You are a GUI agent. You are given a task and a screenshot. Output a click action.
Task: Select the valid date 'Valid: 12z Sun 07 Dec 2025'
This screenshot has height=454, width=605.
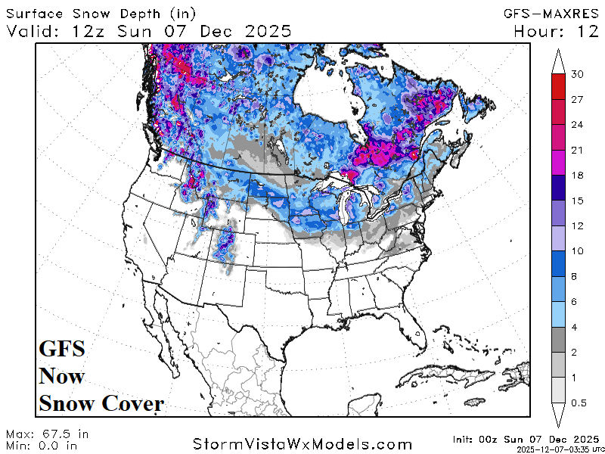(x=149, y=31)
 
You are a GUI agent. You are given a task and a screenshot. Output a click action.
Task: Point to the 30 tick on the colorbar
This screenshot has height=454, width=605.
(x=579, y=74)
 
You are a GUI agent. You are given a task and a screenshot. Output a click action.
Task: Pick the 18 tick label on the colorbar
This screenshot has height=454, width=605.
(x=579, y=176)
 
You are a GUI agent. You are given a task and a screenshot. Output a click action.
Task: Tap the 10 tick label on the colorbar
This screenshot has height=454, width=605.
(x=579, y=251)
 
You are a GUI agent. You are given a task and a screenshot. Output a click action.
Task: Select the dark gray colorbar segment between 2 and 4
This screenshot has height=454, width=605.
(x=559, y=339)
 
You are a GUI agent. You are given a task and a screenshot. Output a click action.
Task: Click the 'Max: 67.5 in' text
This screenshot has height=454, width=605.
(x=47, y=434)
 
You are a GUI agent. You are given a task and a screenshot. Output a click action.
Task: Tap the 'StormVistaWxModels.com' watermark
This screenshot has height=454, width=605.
(x=302, y=443)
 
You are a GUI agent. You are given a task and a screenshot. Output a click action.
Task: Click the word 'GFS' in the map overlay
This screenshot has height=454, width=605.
(x=62, y=350)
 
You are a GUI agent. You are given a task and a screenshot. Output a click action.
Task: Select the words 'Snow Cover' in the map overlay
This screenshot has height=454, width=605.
(x=101, y=403)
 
